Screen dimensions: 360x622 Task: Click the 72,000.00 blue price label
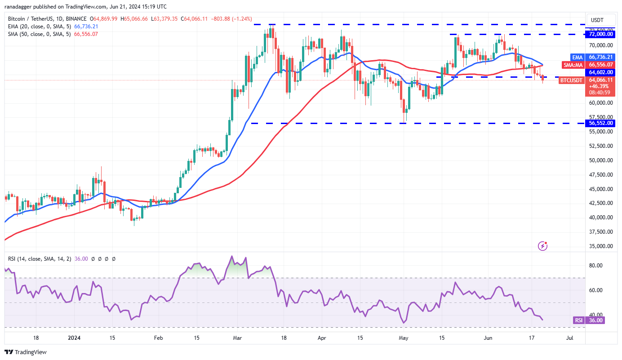coord(601,34)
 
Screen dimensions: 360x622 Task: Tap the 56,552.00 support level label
coord(601,123)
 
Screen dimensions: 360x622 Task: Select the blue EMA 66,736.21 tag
coord(601,57)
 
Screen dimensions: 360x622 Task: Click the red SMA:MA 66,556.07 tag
coord(601,64)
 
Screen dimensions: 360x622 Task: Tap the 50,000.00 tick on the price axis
coord(601,160)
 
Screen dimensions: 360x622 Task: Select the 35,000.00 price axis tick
coord(601,246)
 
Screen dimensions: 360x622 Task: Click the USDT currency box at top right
coord(597,20)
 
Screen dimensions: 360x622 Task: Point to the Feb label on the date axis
coord(158,338)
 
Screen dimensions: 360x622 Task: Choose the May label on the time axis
coord(403,338)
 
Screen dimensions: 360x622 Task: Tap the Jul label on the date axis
coord(569,338)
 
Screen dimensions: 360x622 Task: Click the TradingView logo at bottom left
coord(26,352)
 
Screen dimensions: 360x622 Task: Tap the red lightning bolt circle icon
coord(543,245)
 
